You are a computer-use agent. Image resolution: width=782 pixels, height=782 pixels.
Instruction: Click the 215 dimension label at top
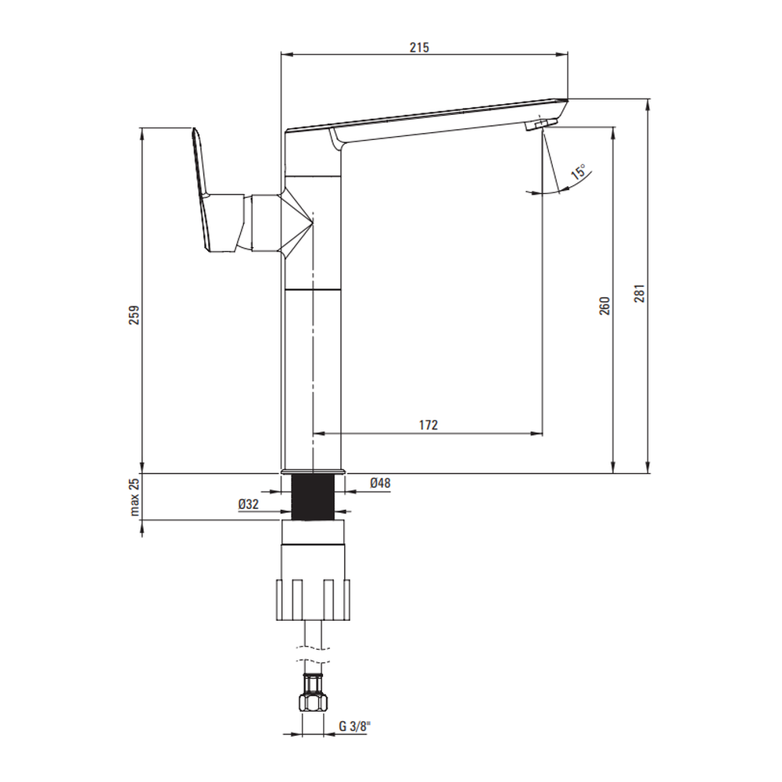419,48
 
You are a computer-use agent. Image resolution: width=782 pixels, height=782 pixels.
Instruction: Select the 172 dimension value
429,425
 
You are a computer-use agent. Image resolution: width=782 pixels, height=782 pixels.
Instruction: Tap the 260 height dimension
604,306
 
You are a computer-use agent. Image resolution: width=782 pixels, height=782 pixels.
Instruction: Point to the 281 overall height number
640,293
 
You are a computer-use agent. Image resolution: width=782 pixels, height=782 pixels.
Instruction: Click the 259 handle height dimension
135,315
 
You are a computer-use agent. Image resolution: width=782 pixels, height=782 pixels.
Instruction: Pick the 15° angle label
579,171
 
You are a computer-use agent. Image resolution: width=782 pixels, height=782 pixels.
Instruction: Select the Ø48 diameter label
380,482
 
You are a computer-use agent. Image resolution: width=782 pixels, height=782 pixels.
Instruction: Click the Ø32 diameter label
249,504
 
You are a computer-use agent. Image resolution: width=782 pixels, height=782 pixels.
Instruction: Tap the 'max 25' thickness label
135,497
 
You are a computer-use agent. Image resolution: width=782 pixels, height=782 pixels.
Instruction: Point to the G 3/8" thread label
353,726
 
